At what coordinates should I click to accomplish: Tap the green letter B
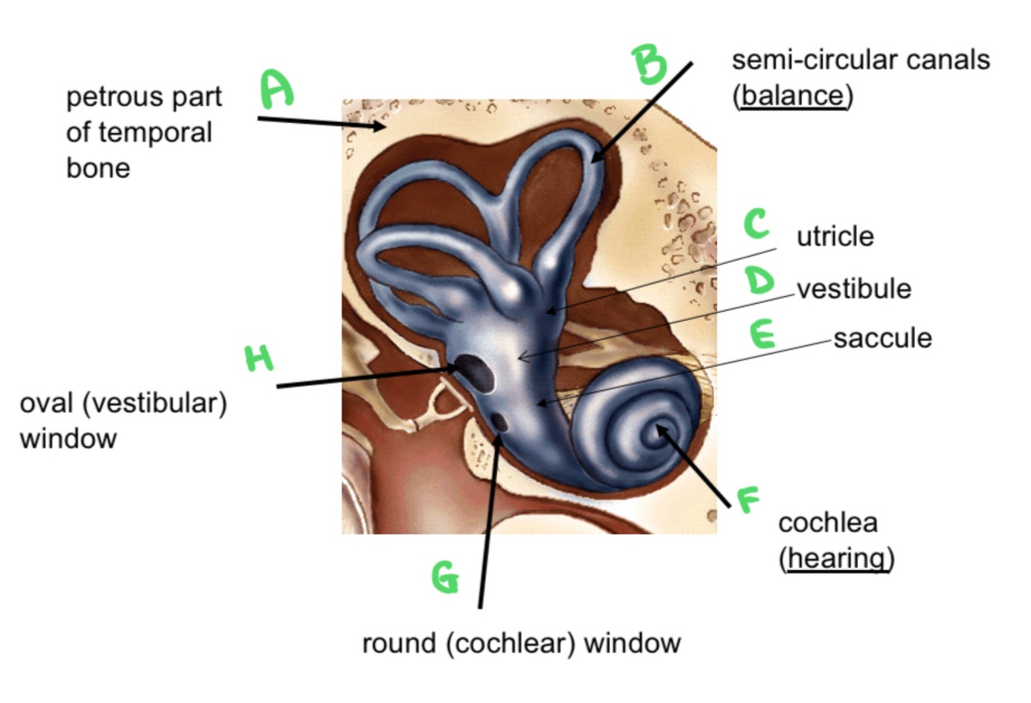coord(649,63)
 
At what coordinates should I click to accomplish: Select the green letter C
coord(756,224)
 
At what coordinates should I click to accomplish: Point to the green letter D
coord(760,281)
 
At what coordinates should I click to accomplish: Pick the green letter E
coord(761,335)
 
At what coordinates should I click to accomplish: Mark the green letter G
coord(445,577)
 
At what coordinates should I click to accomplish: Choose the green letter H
coord(259,358)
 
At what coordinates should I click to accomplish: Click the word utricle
coord(835,236)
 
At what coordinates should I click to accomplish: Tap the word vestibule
coord(853,288)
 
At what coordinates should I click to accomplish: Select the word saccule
coord(882,338)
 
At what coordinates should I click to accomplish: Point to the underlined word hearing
coord(835,558)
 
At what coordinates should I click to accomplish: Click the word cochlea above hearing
coord(827,523)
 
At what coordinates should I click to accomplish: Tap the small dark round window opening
coord(500,422)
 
